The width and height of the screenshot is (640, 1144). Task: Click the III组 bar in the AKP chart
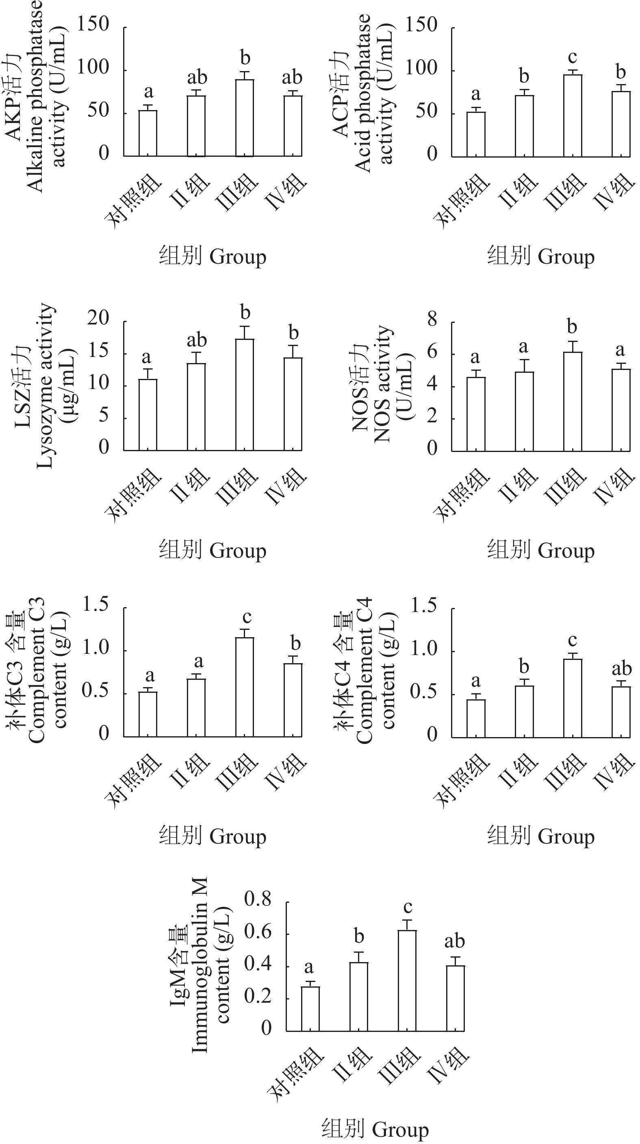[x=245, y=118]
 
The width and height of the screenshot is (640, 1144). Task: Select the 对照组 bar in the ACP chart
[x=476, y=134]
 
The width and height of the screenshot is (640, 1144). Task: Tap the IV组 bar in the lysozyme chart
[x=293, y=404]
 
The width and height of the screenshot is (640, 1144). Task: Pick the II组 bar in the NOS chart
[x=525, y=412]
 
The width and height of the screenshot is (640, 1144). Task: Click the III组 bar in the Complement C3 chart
[x=245, y=688]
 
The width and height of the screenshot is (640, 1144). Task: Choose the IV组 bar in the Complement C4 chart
[x=621, y=712]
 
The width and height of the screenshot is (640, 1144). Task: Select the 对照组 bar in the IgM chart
[x=310, y=1008]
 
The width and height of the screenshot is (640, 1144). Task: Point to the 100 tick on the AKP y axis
[x=93, y=68]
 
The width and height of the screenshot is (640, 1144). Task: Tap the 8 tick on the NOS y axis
[x=432, y=320]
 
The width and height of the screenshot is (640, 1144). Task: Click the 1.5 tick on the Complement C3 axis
[x=95, y=605]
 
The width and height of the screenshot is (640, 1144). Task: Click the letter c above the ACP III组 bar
[x=573, y=57]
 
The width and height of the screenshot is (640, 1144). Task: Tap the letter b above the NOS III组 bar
[x=572, y=327]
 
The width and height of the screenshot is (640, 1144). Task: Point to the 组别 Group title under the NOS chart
[x=541, y=551]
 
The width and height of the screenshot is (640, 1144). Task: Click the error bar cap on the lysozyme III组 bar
[x=245, y=327]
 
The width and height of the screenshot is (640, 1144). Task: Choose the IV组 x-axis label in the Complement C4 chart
[x=613, y=773]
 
